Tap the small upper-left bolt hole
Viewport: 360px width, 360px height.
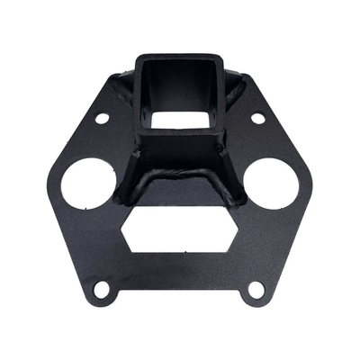click(x=102, y=118)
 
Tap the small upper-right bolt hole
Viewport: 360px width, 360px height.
click(x=257, y=118)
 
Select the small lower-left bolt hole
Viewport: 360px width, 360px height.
click(x=103, y=289)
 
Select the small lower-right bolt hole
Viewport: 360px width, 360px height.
click(x=256, y=289)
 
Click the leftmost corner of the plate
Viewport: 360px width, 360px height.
click(x=43, y=184)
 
